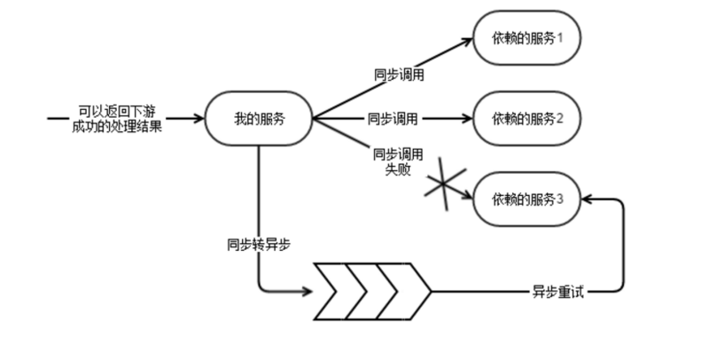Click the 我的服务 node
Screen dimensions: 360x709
pos(259,118)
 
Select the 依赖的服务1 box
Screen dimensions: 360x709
pos(527,38)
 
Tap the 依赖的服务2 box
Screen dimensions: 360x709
pos(527,118)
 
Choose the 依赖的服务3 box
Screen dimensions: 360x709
pos(527,199)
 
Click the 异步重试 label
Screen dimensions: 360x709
pos(557,291)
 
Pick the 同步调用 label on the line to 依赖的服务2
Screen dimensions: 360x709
pos(393,118)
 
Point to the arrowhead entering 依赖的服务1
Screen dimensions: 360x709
pos(468,40)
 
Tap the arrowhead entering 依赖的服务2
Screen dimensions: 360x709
pos(468,118)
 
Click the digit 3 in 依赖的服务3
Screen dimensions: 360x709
pos(560,199)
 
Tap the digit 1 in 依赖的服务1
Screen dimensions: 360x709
pos(560,38)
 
